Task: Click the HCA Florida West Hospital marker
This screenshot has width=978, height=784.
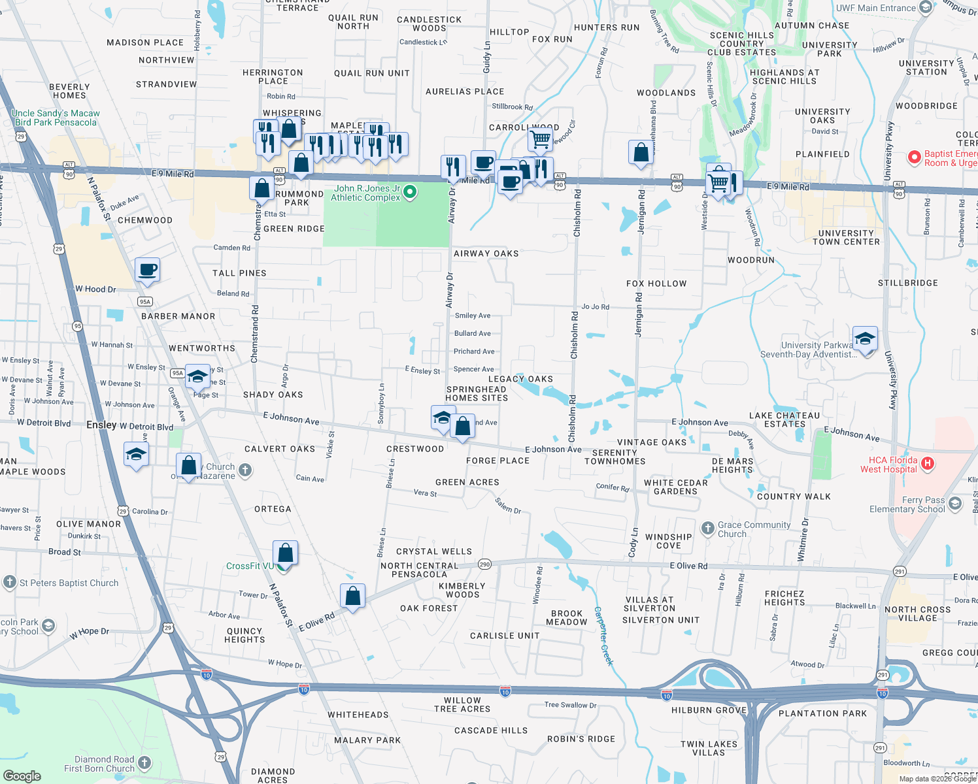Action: point(926,464)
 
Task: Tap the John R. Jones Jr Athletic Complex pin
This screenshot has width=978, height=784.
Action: point(410,191)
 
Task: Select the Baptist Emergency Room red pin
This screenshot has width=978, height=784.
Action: point(914,157)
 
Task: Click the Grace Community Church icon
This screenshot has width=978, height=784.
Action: point(707,529)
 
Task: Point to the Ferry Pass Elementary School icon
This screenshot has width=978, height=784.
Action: point(955,504)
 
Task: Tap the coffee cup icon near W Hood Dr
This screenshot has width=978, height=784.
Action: point(148,270)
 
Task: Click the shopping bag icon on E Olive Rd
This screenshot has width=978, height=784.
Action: point(352,596)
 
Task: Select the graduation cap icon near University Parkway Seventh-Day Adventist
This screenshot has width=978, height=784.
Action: point(864,338)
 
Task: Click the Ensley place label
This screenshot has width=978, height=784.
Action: point(101,425)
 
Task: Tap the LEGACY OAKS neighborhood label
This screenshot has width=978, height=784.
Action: point(520,379)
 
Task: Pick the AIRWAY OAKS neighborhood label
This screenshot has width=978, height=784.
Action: point(486,253)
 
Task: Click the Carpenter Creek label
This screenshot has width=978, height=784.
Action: point(604,636)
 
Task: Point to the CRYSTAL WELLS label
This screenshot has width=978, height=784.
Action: point(433,551)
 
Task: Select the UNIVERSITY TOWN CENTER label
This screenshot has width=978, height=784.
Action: point(846,237)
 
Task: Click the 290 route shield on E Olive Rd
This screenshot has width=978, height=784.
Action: point(484,564)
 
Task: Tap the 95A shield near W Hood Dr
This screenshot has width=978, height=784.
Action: point(145,301)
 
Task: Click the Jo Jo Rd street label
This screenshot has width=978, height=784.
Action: point(595,306)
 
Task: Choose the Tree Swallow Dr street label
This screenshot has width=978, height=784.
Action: point(570,705)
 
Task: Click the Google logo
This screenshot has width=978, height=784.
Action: point(22,776)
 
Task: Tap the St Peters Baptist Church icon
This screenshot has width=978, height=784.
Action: point(9,581)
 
